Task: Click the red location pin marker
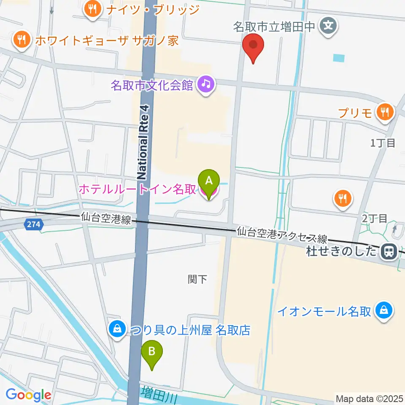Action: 253,46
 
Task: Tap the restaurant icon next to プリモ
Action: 385,113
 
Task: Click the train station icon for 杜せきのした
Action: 386,252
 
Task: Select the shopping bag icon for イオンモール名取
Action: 384,311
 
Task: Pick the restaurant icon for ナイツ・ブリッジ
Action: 91,9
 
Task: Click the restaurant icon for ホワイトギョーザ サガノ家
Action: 20,40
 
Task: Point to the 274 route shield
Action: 33,225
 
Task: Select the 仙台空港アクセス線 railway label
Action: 281,235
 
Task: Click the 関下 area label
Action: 197,279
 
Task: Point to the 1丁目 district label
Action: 382,143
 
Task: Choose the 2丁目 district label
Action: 374,218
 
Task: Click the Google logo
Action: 28,395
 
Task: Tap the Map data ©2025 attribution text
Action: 368,398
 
